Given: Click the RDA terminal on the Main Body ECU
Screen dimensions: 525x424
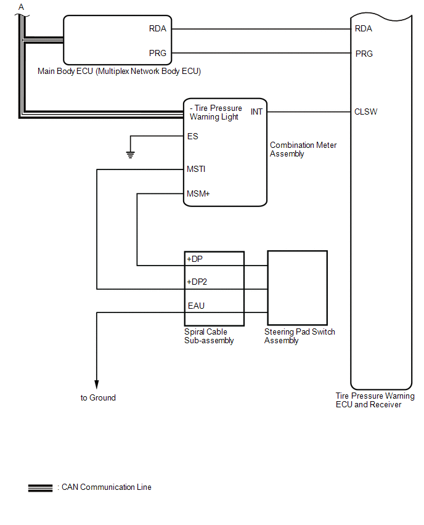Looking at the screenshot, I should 158,28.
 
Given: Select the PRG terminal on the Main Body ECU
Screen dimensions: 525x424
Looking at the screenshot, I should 158,54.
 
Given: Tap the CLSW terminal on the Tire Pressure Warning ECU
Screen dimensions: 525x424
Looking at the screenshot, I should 366,112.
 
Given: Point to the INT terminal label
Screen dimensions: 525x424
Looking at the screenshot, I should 256,112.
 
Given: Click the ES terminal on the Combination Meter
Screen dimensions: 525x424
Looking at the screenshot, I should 192,136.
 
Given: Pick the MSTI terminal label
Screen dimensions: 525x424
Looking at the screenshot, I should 196,168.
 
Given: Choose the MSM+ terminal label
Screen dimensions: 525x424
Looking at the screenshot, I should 198,193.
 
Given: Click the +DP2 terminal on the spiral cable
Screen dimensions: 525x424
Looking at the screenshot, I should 198,282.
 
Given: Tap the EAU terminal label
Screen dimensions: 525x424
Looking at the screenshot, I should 196,306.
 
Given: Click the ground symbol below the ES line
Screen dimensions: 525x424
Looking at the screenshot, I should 131,154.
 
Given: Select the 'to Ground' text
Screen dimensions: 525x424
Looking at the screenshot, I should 98,398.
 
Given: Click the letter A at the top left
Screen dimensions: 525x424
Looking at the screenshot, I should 22,7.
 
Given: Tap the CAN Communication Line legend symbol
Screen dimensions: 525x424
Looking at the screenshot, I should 40,487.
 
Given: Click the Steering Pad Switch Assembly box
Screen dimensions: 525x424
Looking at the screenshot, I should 296,287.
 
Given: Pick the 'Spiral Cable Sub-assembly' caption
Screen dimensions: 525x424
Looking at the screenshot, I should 209,336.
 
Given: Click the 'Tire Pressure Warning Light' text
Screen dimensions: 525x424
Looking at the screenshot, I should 216,113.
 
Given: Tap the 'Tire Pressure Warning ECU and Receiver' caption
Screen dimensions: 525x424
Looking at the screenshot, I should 375,401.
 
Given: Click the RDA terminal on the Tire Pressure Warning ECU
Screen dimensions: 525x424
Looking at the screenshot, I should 364,28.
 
